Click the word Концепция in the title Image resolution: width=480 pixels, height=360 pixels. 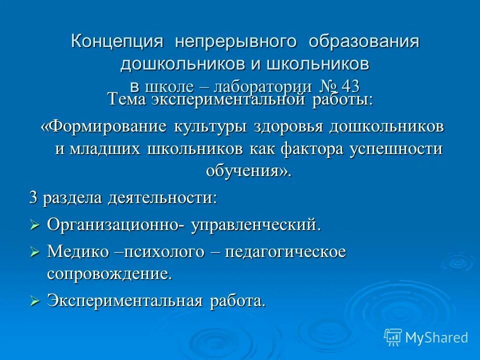point(116,41)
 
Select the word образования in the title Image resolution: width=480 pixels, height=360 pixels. point(363,41)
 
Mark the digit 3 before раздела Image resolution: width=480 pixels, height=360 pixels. point(33,197)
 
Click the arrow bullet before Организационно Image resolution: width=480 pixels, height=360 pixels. point(34,225)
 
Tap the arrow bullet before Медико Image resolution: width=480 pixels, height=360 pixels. point(34,252)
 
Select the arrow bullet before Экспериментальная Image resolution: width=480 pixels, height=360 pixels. point(34,301)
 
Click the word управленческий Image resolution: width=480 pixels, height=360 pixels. point(254,225)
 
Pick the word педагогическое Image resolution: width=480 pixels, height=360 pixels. point(285,252)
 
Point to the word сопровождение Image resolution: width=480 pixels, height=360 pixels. point(109,274)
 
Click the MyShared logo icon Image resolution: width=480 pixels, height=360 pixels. point(393,337)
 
